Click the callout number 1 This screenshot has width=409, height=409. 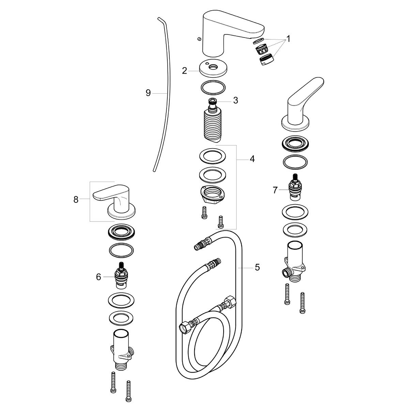288,39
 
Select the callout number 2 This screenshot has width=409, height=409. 184,71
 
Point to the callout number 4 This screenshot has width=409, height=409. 252,158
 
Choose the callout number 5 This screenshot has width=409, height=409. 257,268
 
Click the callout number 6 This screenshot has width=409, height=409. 99,277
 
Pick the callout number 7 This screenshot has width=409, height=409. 275,190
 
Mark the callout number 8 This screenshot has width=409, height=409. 76,199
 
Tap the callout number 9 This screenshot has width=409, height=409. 148,93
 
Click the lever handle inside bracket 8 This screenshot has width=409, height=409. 112,198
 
